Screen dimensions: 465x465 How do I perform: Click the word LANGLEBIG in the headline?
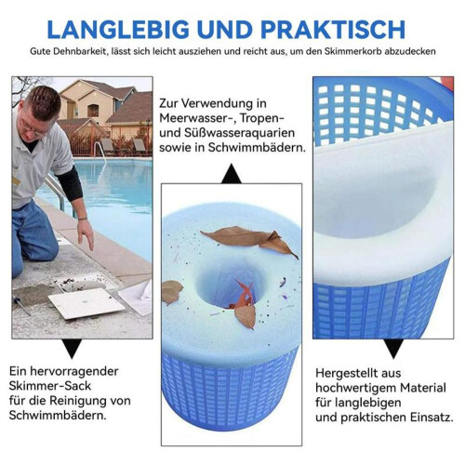[x=118, y=30]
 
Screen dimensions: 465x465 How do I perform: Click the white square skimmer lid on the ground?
[x=86, y=303]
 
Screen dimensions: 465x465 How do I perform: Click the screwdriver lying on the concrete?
[x=21, y=305]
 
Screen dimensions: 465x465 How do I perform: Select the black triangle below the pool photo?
[x=72, y=349]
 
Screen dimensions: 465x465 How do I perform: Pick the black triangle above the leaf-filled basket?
[x=232, y=174]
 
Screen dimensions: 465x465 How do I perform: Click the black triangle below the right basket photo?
[x=393, y=349]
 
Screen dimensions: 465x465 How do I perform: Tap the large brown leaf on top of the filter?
[x=248, y=239]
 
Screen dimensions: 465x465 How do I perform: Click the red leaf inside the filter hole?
[x=244, y=296]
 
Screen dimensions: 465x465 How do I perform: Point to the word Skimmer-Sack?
[x=50, y=386]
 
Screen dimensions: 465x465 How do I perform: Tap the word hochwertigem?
[x=356, y=388]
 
